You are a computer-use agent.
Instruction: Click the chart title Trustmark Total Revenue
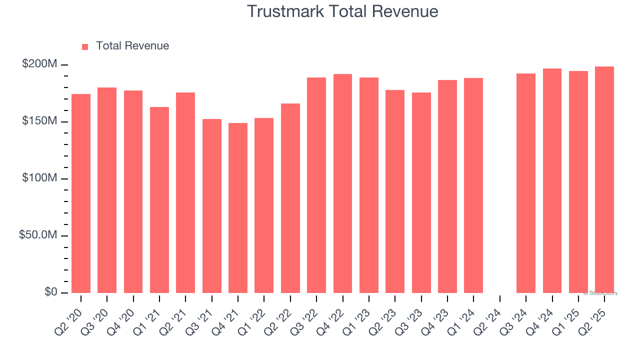[342, 11]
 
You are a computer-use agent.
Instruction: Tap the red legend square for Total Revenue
[85, 46]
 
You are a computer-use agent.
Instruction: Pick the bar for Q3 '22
[316, 185]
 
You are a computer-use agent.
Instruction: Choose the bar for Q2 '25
[604, 179]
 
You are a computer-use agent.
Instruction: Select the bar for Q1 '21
[159, 200]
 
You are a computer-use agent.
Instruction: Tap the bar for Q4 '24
[552, 180]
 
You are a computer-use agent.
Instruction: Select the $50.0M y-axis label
[37, 235]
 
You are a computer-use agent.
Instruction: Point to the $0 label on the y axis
[49, 292]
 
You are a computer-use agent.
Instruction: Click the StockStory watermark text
[600, 293]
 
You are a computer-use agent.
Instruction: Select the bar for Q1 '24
[473, 185]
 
